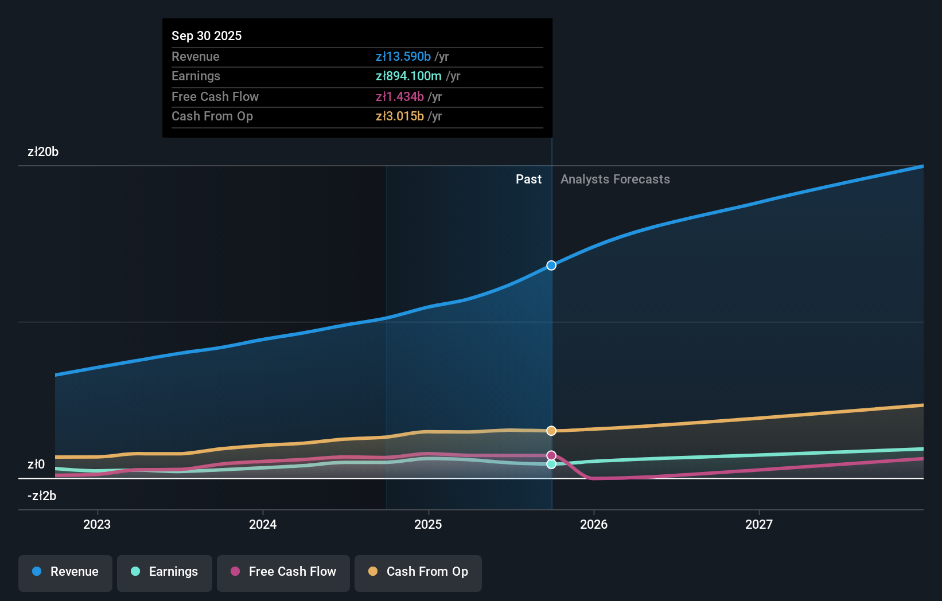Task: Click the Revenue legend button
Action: click(x=65, y=572)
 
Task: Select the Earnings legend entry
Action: click(x=165, y=572)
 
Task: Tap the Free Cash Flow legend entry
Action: click(x=283, y=572)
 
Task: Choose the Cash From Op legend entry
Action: click(x=418, y=572)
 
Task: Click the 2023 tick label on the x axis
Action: click(x=97, y=524)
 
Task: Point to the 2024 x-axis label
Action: click(x=263, y=524)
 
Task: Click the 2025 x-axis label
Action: click(x=428, y=524)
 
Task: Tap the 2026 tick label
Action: click(x=594, y=524)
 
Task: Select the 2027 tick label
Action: click(x=759, y=524)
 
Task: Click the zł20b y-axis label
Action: click(x=43, y=152)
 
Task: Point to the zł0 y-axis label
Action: click(x=36, y=464)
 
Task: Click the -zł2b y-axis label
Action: click(x=42, y=495)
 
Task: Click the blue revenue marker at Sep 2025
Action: click(x=551, y=266)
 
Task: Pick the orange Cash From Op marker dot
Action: click(x=551, y=431)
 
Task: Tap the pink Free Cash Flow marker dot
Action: click(x=551, y=455)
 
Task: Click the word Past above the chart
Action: click(x=528, y=179)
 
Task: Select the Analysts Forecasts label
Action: click(x=615, y=179)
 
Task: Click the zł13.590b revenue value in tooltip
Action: click(x=403, y=57)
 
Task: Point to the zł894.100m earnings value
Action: click(x=408, y=76)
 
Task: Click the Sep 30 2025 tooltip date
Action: click(x=207, y=36)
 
